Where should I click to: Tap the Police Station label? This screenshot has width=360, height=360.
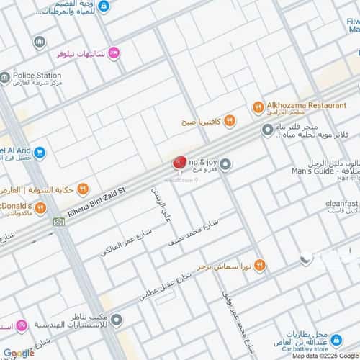(x=38, y=74)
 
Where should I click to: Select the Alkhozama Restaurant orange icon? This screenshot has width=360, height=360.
(x=258, y=107)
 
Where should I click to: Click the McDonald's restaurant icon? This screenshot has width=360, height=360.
(x=41, y=209)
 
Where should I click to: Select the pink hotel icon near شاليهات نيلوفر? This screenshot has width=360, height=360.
(x=113, y=53)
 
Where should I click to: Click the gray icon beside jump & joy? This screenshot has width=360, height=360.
(x=225, y=165)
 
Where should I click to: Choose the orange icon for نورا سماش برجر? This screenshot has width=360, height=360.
(x=260, y=266)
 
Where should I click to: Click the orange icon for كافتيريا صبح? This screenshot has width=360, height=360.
(x=229, y=120)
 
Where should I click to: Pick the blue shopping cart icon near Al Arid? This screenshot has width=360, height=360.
(x=40, y=152)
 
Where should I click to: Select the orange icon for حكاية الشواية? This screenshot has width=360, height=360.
(x=83, y=190)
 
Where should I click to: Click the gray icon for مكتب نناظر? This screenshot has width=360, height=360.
(x=117, y=319)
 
